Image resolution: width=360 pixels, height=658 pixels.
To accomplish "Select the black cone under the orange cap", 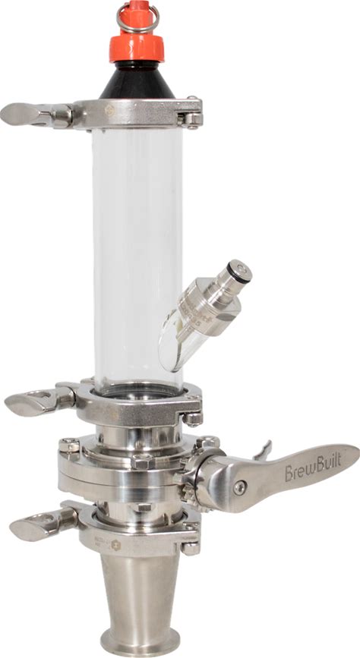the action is pos(137,80).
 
